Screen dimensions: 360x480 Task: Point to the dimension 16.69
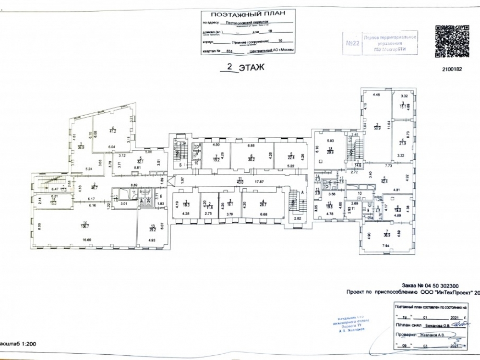coord(86,239)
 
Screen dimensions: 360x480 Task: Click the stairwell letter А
coord(303,191)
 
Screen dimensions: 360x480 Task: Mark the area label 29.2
coord(153,227)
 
